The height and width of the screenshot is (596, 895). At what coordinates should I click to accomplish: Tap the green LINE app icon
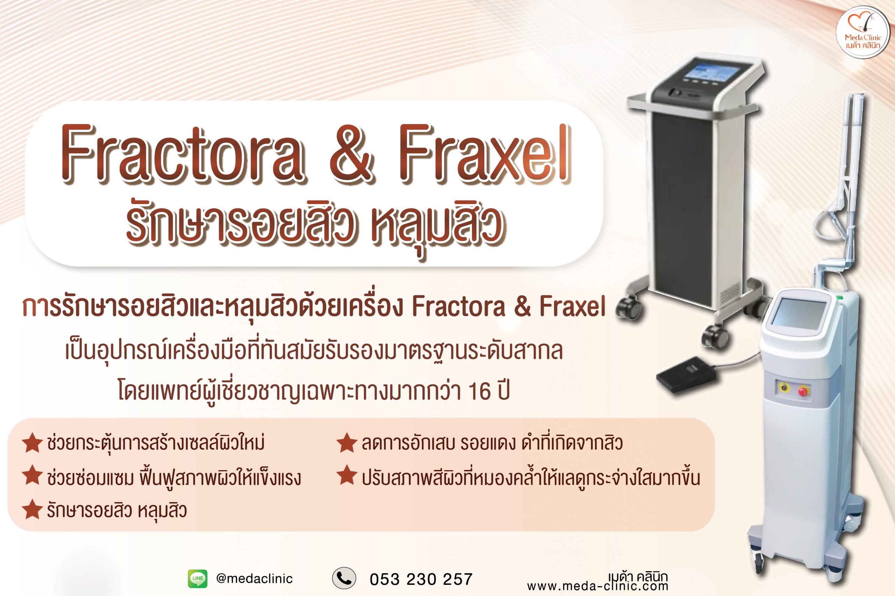[x=198, y=578]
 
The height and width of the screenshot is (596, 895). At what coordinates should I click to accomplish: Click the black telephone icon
[x=344, y=578]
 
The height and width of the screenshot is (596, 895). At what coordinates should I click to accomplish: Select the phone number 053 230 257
[x=421, y=579]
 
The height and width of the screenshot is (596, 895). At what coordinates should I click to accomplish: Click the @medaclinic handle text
[x=254, y=579]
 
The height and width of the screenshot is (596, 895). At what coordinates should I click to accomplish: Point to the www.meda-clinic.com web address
[x=597, y=586]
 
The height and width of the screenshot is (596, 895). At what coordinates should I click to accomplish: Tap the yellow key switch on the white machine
[x=784, y=388]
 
